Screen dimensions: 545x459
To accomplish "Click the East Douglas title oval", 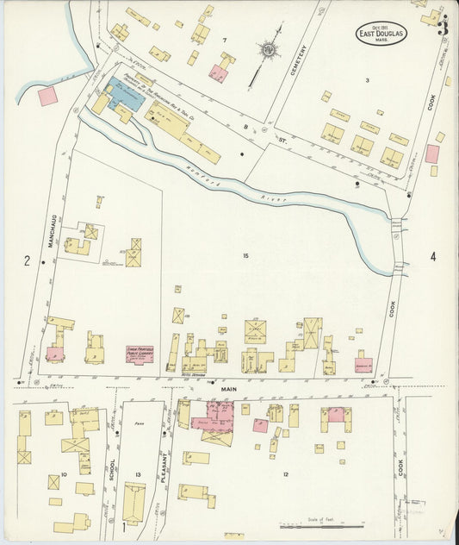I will point(380,34).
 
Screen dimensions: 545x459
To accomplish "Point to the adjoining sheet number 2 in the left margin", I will point(28,261).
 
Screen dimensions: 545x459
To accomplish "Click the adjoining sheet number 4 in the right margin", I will point(433,257).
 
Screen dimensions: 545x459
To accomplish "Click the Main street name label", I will point(226,389).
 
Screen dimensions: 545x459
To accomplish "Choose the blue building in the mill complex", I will point(125,93).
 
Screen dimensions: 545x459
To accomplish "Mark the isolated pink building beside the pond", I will point(48,95).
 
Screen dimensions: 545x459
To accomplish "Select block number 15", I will point(245,255).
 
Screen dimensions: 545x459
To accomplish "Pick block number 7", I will point(225,41).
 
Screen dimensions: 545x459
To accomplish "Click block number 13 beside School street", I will point(138,475).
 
